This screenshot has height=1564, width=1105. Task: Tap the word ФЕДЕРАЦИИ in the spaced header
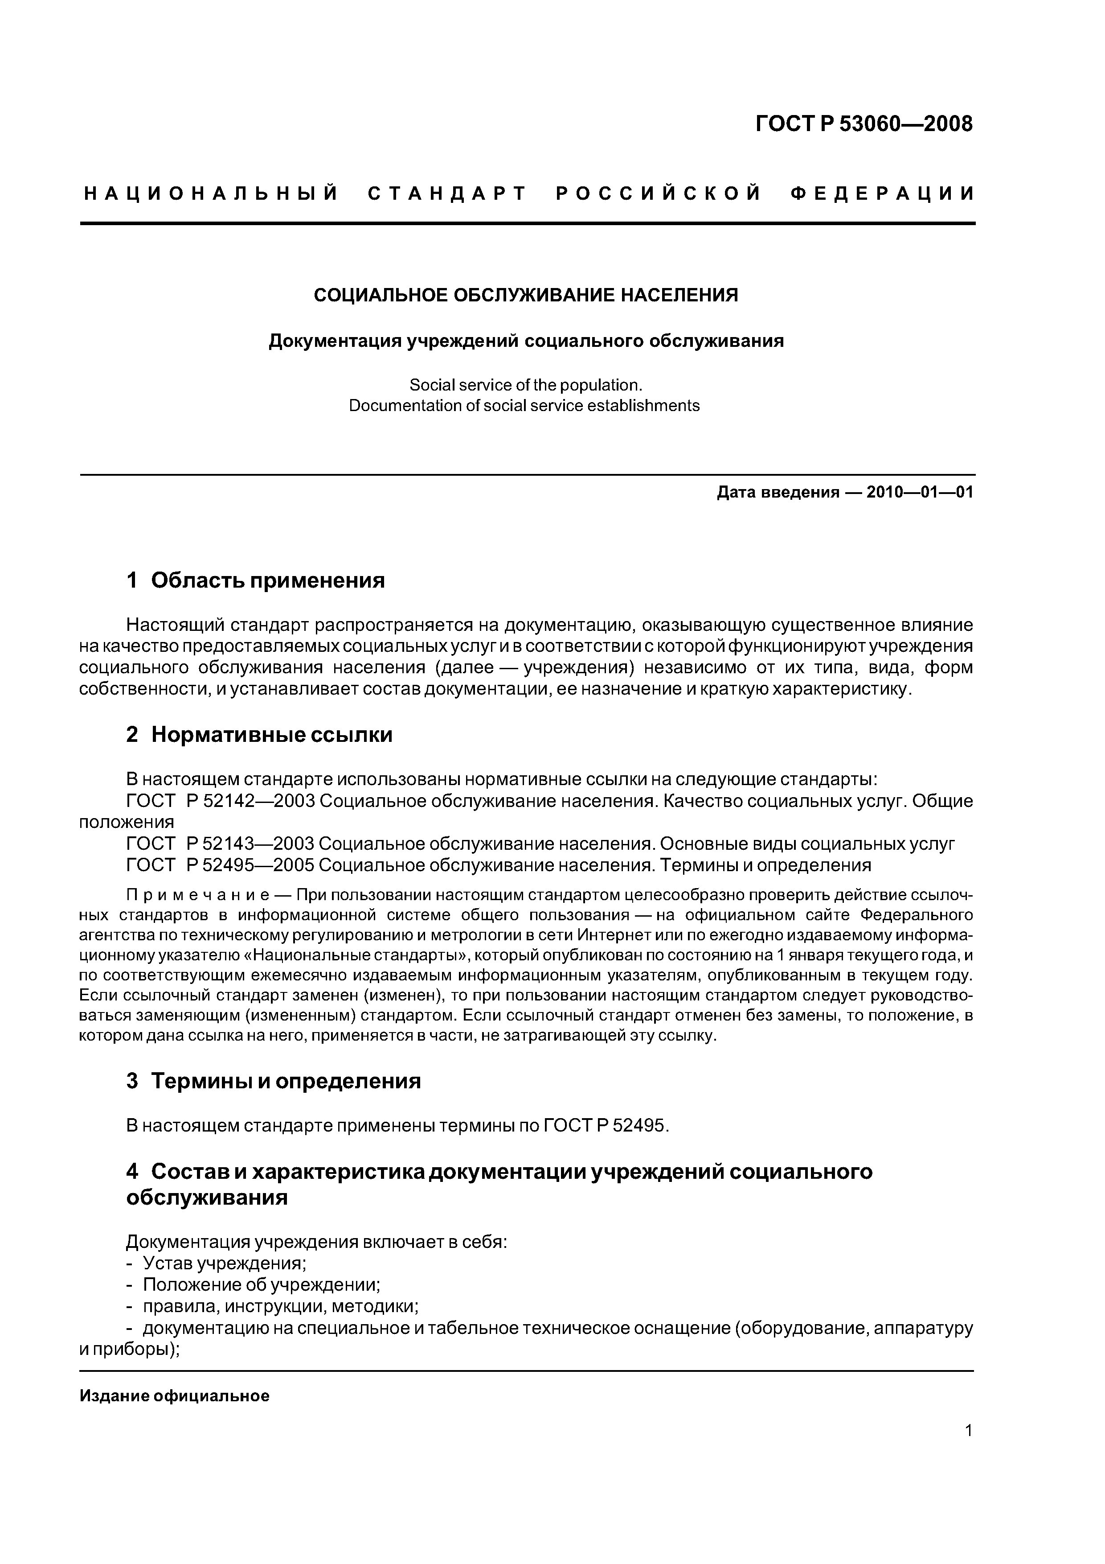[882, 194]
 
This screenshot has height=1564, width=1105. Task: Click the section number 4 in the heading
[132, 1172]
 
